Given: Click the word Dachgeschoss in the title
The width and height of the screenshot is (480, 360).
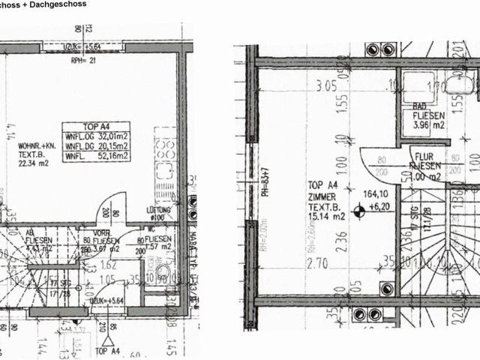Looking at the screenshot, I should coord(58,4).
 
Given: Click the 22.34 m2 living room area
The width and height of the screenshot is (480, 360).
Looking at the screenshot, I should coord(31,159).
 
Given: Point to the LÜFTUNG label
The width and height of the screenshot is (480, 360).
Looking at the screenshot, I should coord(161,211).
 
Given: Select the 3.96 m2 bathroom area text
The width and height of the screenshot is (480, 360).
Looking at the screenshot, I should coord(428,125).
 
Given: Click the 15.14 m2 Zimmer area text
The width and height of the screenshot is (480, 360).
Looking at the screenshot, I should coord(325,217).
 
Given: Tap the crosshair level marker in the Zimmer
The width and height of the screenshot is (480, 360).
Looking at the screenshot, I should coord(360,213).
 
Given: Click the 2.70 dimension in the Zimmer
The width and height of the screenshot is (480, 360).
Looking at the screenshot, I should coord(319,264).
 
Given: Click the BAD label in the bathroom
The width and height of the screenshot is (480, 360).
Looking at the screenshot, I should coord(420,106).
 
